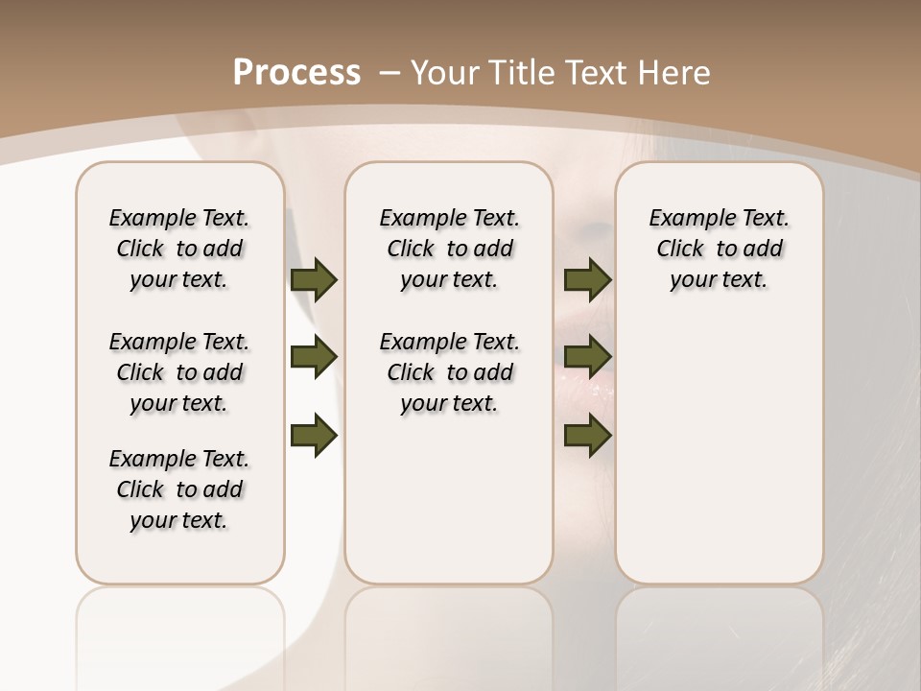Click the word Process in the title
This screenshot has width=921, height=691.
(x=296, y=72)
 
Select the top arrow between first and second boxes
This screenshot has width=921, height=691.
(x=314, y=279)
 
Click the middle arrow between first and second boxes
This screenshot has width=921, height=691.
(x=314, y=358)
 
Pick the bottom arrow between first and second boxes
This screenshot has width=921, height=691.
(x=314, y=436)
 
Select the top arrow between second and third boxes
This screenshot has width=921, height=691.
(x=587, y=279)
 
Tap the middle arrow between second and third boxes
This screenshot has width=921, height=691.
(x=587, y=358)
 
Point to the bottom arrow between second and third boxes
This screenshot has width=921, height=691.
(x=587, y=436)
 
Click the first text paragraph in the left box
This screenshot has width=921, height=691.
(x=179, y=249)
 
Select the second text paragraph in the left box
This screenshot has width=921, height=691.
(x=179, y=372)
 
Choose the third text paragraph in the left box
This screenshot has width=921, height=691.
(x=179, y=489)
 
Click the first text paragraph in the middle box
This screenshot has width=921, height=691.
(x=450, y=249)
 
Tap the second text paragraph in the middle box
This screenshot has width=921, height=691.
(x=450, y=372)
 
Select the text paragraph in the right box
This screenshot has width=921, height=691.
(x=720, y=249)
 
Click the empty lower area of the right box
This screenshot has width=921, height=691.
(x=720, y=461)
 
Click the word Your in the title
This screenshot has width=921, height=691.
(x=441, y=72)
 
